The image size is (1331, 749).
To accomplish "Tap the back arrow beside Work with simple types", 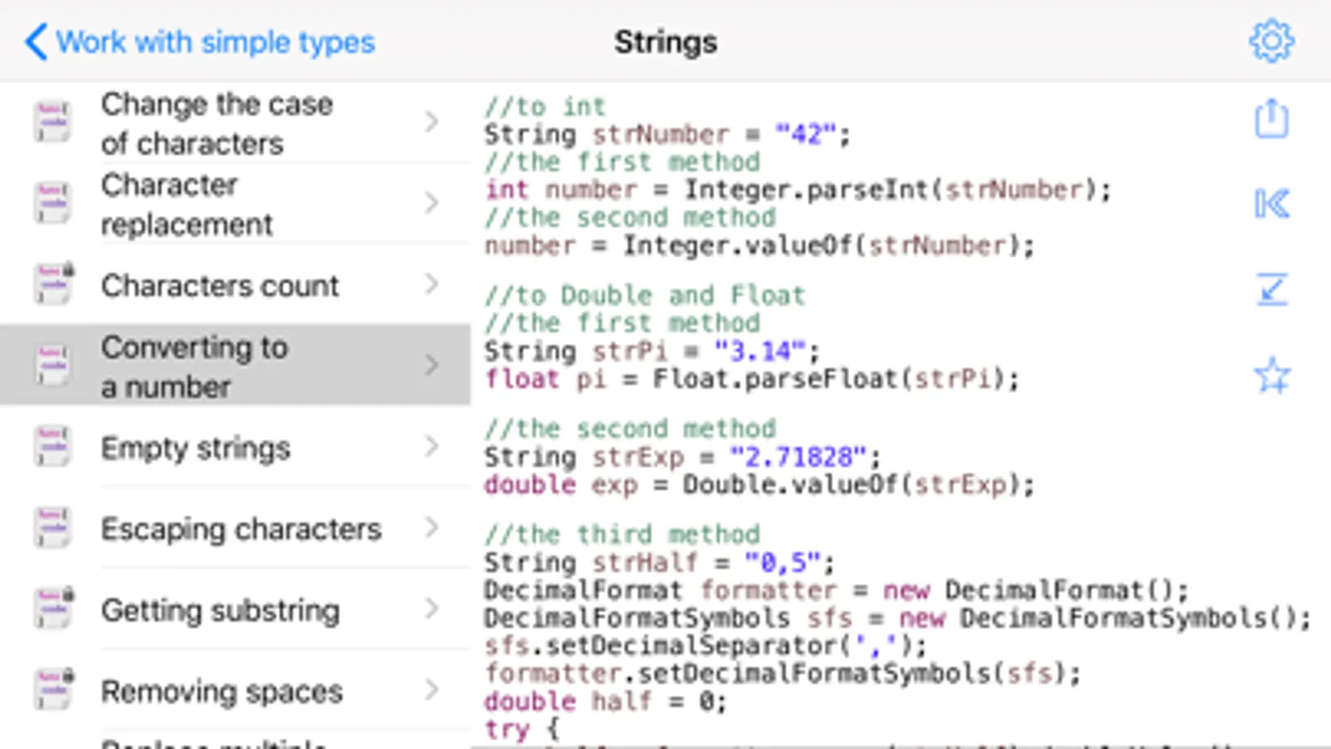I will (35, 42).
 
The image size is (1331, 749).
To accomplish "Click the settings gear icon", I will (1271, 41).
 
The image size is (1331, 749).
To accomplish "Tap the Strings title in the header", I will (665, 42).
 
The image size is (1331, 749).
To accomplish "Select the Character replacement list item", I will (186, 204).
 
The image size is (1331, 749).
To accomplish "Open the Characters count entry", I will (220, 285).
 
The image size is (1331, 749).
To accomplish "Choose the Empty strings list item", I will (196, 448).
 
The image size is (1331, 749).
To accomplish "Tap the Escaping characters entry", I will (241, 528).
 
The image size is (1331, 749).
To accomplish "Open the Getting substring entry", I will (220, 610).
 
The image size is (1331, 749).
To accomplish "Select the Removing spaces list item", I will (221, 691).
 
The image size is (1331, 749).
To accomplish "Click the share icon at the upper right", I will (1271, 119).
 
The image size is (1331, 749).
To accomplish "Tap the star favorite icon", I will (1272, 375).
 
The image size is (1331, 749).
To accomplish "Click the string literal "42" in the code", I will (805, 134).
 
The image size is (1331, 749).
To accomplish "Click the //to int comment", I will (545, 107).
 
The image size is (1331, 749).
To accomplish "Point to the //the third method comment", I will (622, 533).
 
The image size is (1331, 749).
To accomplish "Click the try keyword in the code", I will (506, 728).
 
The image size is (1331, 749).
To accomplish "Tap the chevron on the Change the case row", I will (431, 122).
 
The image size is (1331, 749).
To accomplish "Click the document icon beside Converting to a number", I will (52, 365).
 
